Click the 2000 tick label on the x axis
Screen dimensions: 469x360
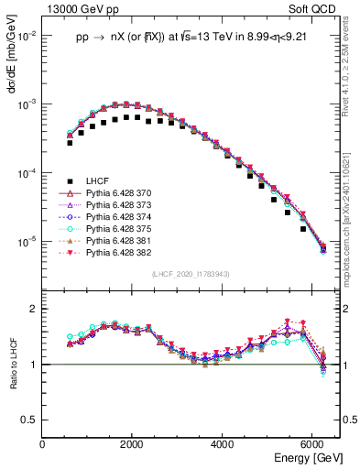pos(133,443)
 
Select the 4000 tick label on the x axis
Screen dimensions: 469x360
pos(224,443)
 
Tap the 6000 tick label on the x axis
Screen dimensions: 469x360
pos(314,443)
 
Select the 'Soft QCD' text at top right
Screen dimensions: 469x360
pos(318,8)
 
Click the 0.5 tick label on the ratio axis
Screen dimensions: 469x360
pos(31,420)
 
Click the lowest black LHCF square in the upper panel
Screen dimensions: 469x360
pos(303,229)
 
